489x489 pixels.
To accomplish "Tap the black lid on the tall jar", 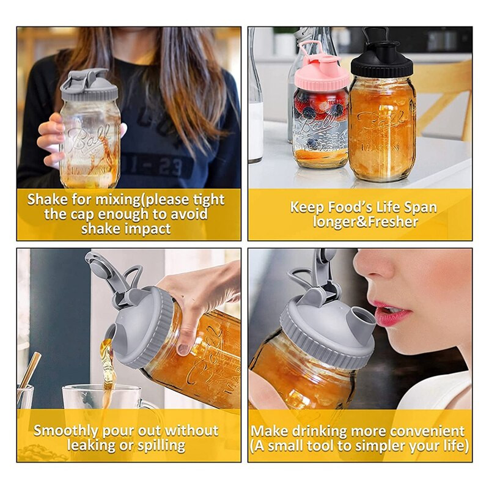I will (381, 64).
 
